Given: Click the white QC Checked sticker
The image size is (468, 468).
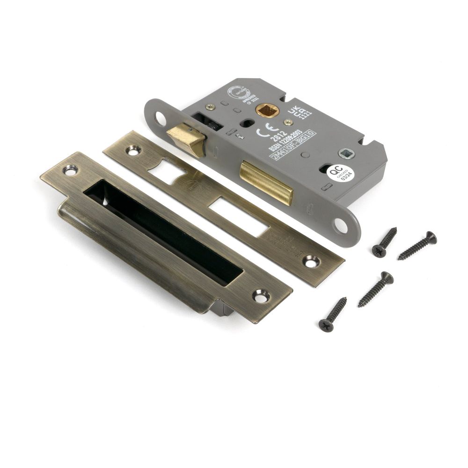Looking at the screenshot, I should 342,174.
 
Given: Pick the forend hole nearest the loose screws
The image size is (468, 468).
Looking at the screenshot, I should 342,226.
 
